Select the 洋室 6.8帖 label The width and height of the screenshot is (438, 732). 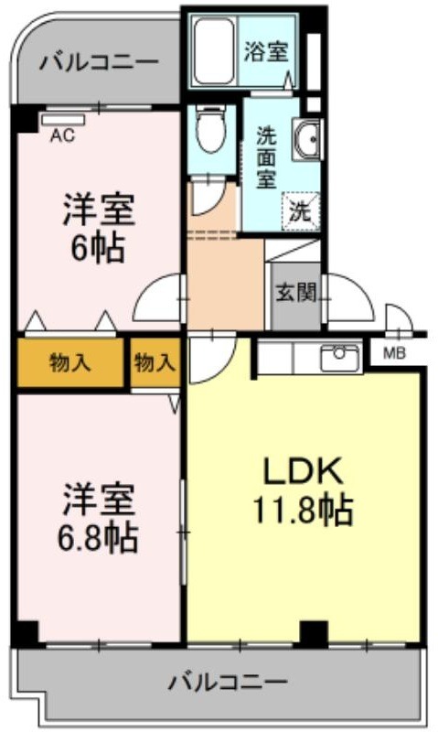click(x=99, y=518)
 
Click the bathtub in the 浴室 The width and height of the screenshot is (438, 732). click(x=214, y=50)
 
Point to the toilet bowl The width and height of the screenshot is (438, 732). click(x=211, y=129)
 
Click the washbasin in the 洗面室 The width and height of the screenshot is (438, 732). click(x=306, y=139)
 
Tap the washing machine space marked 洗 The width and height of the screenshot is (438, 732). click(x=300, y=212)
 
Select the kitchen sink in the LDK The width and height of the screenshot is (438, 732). click(x=339, y=358)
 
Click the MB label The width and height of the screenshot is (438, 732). click(x=395, y=353)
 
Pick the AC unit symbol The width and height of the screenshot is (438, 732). click(x=63, y=120)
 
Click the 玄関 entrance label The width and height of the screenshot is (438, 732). click(x=295, y=293)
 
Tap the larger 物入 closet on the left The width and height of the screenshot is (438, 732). click(x=70, y=362)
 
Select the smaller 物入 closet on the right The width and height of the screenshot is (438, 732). click(x=155, y=362)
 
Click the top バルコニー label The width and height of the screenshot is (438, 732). click(x=99, y=62)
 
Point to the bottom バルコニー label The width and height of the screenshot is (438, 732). click(x=228, y=683)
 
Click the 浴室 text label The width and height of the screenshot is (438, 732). click(x=266, y=51)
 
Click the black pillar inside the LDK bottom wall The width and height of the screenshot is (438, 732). click(x=314, y=633)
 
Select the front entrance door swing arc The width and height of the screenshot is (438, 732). click(x=360, y=288)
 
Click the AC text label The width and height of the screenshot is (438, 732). click(x=62, y=135)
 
